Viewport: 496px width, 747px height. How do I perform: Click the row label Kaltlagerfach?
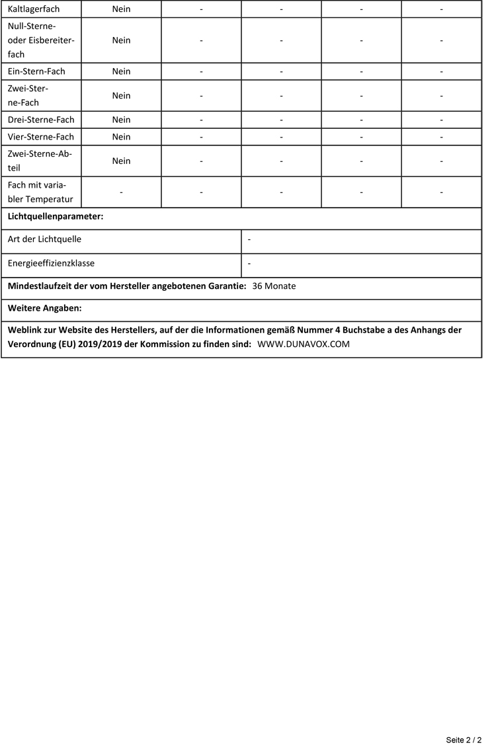[34, 9]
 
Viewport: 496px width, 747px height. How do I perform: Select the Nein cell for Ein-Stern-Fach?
[121, 71]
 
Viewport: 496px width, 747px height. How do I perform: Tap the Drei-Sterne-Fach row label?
[41, 120]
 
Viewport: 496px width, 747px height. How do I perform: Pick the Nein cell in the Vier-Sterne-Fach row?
[121, 137]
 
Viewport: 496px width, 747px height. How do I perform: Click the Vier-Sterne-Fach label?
[41, 137]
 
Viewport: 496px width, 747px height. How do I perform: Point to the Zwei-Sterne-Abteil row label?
[40, 161]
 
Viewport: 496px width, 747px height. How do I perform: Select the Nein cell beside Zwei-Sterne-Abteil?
[121, 161]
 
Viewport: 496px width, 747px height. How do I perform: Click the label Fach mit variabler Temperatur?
[40, 192]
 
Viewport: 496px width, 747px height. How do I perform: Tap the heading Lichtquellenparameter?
[56, 216]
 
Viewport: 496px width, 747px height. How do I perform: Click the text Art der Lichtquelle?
[44, 239]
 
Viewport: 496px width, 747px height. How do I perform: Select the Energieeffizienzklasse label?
[51, 263]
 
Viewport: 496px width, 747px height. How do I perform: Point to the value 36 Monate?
[274, 286]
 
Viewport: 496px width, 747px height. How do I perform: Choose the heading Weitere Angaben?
[44, 308]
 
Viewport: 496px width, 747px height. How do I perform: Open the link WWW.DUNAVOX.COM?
[303, 344]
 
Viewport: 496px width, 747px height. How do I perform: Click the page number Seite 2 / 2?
[464, 740]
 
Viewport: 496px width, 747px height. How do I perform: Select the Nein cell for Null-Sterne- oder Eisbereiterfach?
[121, 40]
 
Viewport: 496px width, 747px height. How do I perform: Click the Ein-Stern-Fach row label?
[36, 71]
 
